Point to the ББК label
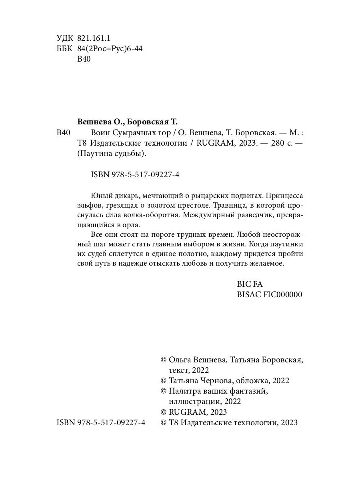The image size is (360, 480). [x=64, y=49]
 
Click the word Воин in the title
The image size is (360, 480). [x=100, y=133]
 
